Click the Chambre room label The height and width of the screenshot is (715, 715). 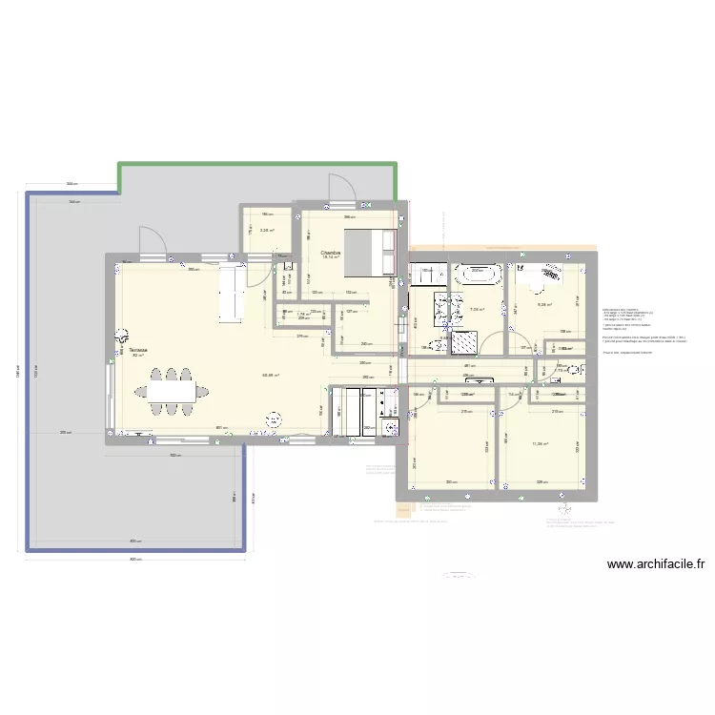[330, 253]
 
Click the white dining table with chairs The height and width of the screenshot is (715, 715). [172, 391]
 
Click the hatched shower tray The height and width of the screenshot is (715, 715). [468, 340]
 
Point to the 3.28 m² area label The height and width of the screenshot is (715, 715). [267, 230]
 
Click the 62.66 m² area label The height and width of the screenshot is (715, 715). [271, 375]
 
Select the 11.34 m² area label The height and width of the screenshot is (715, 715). [541, 443]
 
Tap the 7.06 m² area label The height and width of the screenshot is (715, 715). [478, 309]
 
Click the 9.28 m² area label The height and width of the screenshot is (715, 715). [544, 305]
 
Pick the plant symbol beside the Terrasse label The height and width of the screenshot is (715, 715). [121, 336]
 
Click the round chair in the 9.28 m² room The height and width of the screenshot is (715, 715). [551, 274]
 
